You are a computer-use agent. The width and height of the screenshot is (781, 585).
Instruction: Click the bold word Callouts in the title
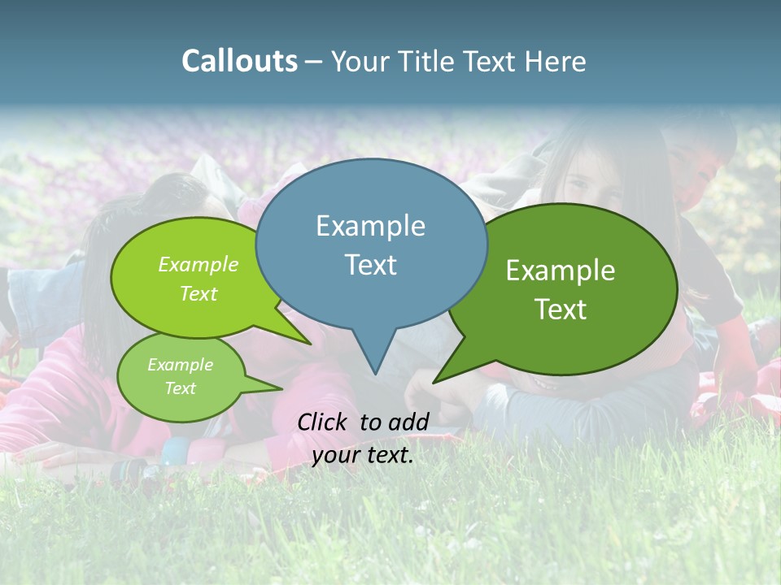tap(239, 61)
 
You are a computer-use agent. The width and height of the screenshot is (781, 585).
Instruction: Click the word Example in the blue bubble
tap(370, 226)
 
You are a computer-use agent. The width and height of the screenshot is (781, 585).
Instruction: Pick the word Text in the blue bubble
tap(370, 265)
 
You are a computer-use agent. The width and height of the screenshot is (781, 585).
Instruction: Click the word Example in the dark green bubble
tap(561, 271)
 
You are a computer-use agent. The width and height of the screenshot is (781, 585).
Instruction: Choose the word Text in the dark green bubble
tap(561, 310)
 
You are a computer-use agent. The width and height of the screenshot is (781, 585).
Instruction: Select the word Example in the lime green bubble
tap(199, 264)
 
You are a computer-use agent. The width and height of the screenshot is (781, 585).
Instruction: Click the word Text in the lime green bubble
tap(199, 293)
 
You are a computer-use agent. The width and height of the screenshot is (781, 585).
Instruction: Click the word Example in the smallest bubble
tap(180, 365)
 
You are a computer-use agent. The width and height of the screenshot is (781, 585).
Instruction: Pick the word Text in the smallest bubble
tap(180, 388)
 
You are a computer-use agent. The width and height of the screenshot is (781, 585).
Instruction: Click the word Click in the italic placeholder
tap(323, 422)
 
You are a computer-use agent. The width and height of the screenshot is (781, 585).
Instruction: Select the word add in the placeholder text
tap(408, 422)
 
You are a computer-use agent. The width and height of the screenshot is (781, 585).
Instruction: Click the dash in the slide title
tap(314, 62)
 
